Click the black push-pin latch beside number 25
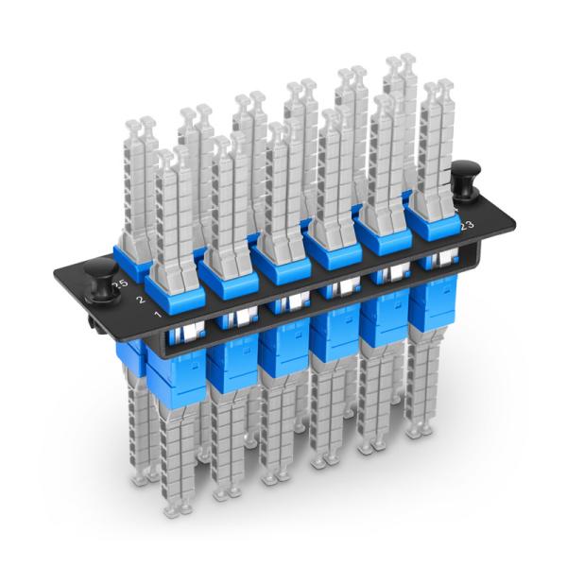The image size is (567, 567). point(98,284)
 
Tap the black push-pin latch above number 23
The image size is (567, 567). point(465,179)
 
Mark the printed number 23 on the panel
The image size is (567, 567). point(465,226)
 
